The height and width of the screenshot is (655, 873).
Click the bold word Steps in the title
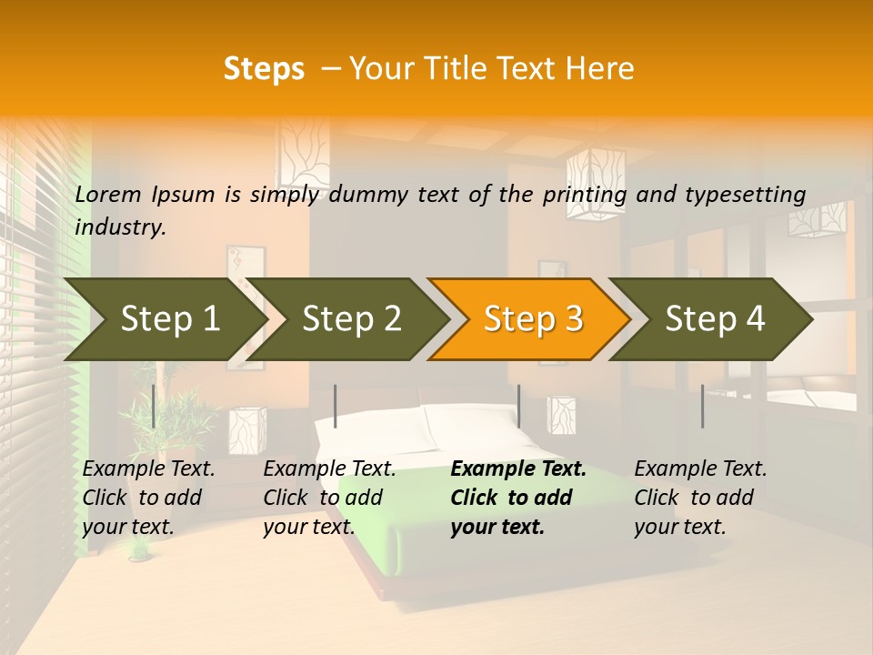point(264,69)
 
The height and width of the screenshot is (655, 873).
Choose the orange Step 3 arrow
point(532,319)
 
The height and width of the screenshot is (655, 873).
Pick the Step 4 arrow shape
point(714,319)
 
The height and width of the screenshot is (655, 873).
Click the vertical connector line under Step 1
point(154,406)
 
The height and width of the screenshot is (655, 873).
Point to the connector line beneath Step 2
point(336,406)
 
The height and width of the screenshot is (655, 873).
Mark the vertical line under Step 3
point(518,406)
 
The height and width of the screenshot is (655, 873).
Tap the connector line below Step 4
point(702,406)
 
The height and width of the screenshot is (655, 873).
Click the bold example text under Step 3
point(517,498)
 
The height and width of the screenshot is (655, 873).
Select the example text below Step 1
point(148,498)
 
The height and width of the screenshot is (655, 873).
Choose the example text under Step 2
point(329,498)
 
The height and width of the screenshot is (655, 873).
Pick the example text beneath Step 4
point(700,498)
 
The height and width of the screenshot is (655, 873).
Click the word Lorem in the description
point(108,194)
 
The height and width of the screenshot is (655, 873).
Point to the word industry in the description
point(120,227)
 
